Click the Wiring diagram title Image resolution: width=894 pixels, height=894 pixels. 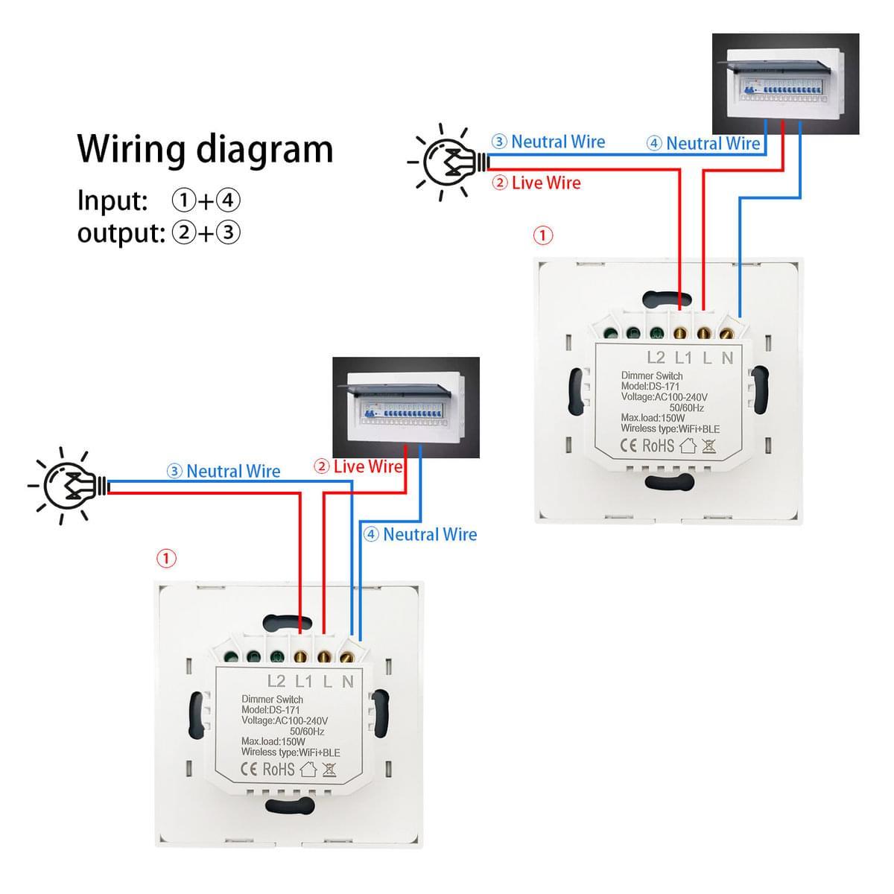[205, 149]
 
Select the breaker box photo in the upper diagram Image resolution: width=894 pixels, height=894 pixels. [785, 83]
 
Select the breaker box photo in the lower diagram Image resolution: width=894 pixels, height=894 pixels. [406, 408]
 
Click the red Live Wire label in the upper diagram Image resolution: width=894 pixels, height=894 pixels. [536, 183]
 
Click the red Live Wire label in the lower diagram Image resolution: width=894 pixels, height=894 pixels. [359, 467]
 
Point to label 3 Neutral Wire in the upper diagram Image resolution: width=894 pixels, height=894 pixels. [548, 142]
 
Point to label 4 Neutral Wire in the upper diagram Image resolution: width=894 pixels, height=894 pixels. [703, 144]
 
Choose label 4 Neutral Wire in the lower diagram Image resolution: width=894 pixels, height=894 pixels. [420, 534]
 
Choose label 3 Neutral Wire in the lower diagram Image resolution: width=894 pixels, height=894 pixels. [223, 472]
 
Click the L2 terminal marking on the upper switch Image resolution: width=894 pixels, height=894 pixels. [656, 358]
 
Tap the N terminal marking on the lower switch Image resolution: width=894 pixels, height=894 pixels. [348, 681]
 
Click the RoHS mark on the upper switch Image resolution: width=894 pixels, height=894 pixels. [658, 446]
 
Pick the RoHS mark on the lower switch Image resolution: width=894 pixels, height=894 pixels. [279, 770]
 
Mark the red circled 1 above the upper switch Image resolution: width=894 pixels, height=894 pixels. [544, 236]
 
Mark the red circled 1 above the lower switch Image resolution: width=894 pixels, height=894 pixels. [166, 558]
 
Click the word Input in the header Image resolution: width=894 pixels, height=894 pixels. [112, 201]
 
